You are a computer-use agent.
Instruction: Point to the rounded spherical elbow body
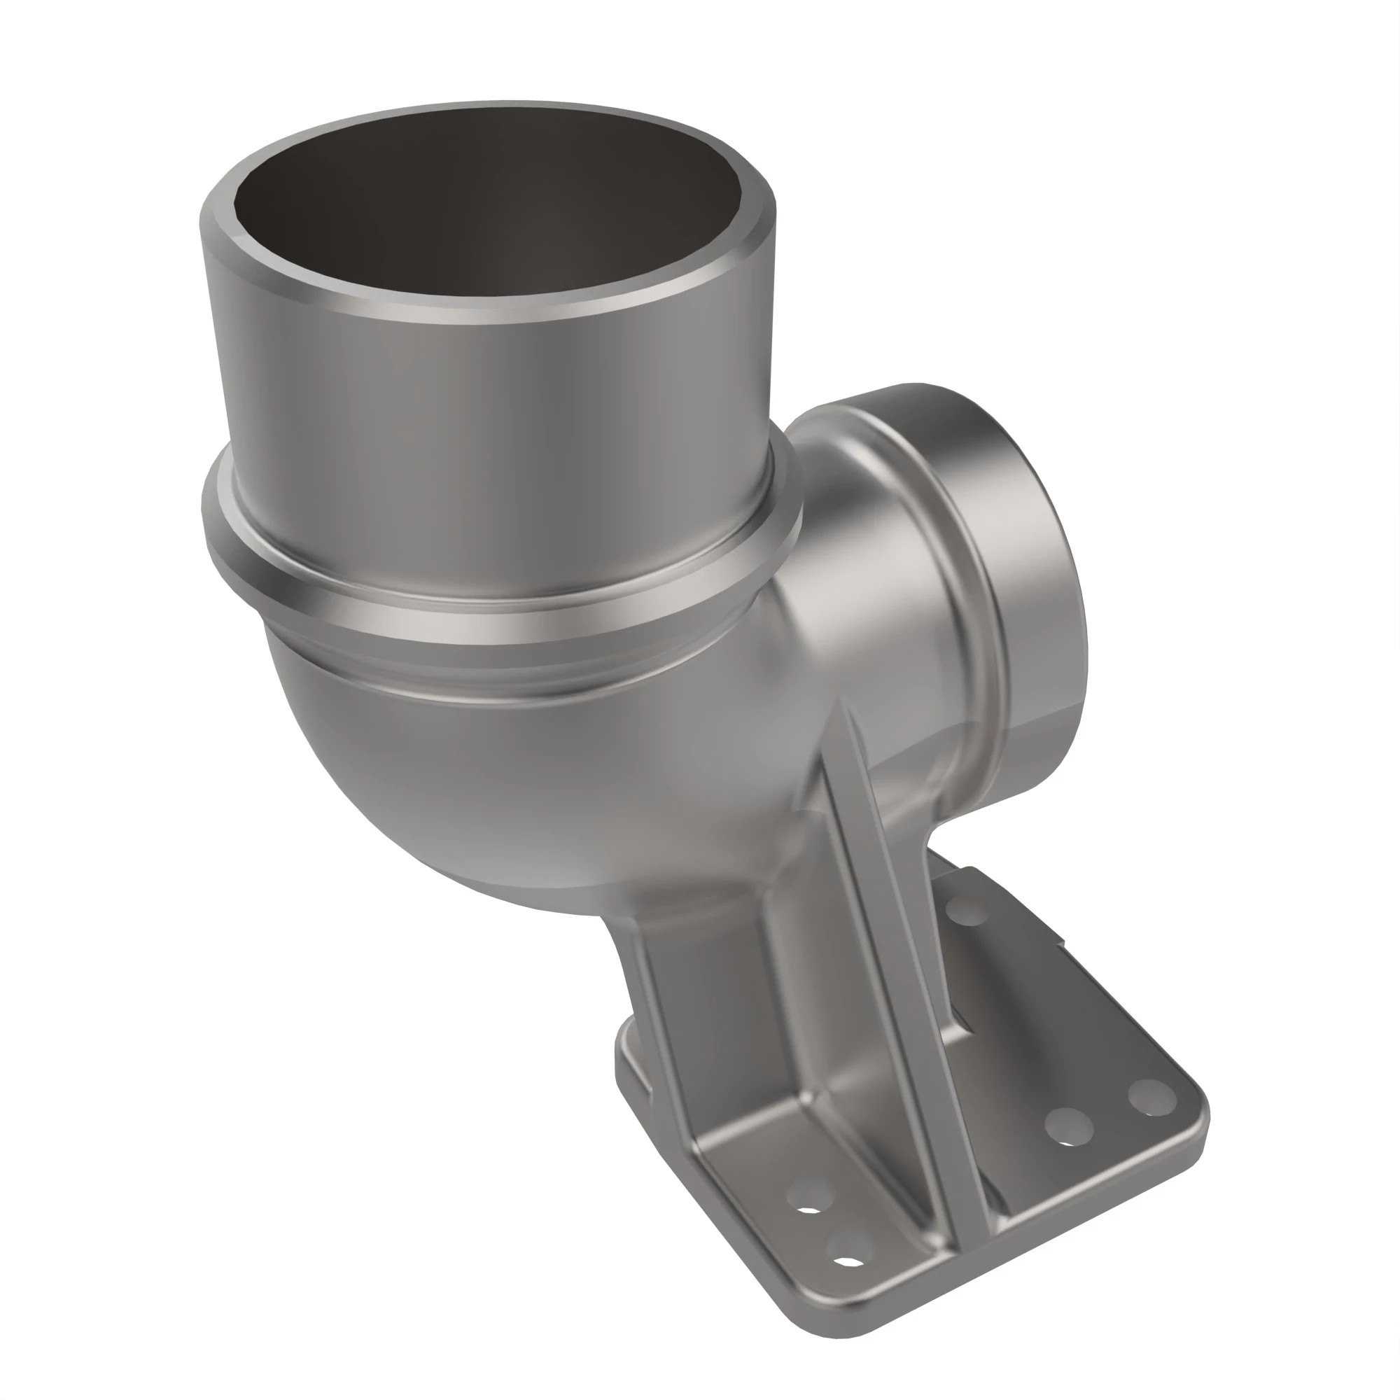(507, 783)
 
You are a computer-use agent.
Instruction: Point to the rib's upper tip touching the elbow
(841, 706)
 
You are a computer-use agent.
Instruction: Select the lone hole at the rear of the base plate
(967, 909)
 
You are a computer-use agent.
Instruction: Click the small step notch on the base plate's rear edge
(1063, 944)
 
